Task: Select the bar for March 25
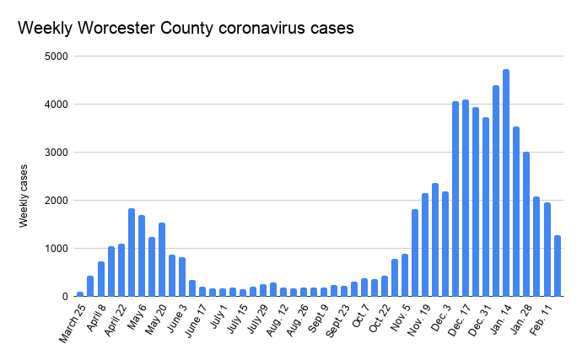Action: tap(81, 293)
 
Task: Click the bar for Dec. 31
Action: tap(486, 207)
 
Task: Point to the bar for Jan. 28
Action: tap(526, 224)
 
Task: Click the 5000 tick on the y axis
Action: tap(58, 56)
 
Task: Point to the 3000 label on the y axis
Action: tap(58, 153)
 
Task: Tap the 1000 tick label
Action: tap(58, 249)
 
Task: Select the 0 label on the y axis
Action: tap(65, 297)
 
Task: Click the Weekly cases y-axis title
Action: tap(26, 196)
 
